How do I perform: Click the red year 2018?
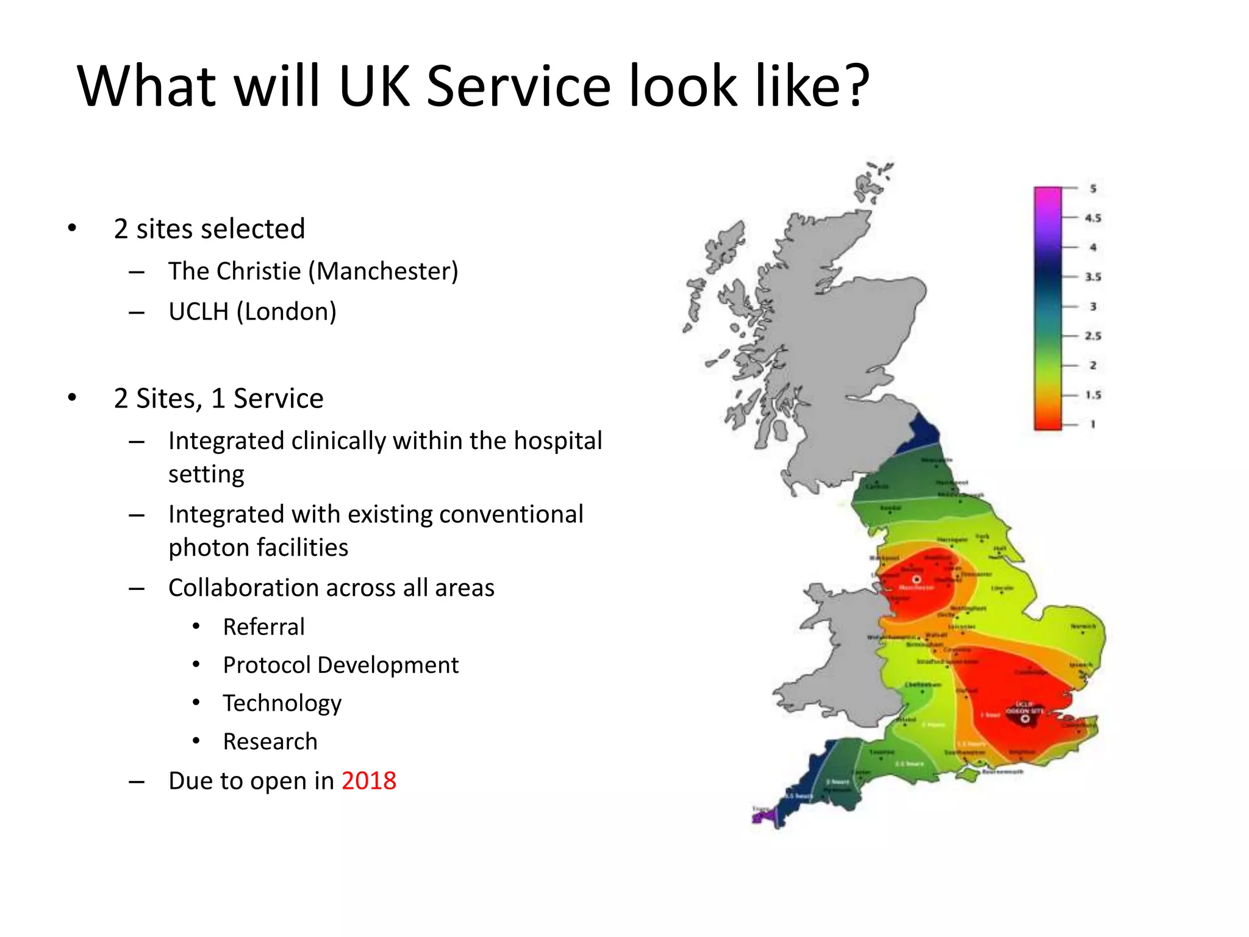368,781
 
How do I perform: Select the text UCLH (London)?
252,312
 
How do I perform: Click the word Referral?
263,627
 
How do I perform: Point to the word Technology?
282,703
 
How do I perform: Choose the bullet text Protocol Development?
340,665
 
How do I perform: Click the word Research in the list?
270,742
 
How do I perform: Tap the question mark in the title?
856,87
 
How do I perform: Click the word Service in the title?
518,87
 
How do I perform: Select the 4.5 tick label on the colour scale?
1093,218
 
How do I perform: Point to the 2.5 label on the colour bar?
1093,336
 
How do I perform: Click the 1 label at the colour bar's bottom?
1093,424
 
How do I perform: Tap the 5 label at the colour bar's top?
1093,188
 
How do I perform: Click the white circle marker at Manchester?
917,579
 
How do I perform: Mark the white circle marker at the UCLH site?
1025,719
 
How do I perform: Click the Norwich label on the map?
1083,626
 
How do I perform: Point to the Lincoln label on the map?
1002,588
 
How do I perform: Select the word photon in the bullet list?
201,548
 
